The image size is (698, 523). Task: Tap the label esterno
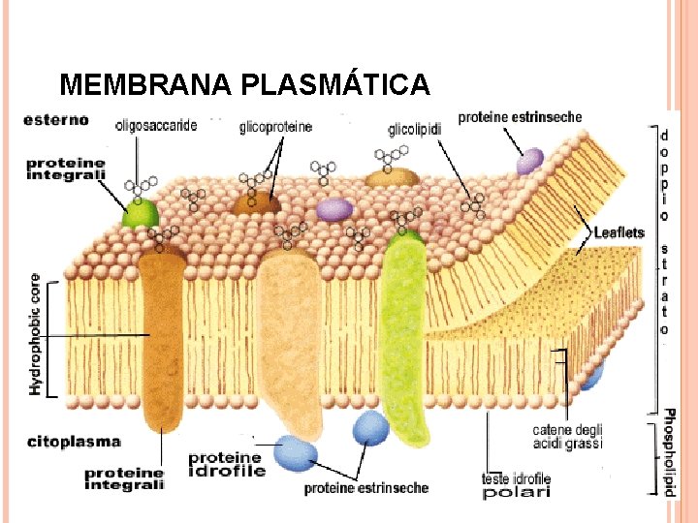click(x=57, y=121)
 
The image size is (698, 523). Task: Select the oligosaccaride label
click(x=156, y=125)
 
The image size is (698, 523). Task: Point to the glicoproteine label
click(x=275, y=127)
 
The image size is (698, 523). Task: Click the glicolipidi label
click(x=415, y=128)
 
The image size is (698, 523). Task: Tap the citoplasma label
click(x=74, y=442)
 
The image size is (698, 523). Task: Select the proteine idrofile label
click(x=226, y=464)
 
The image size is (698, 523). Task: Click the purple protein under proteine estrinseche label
click(x=529, y=162)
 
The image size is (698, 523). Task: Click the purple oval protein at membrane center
click(x=334, y=209)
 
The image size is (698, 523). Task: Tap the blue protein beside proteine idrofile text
click(x=295, y=452)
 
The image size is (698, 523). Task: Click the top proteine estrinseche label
click(x=520, y=117)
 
